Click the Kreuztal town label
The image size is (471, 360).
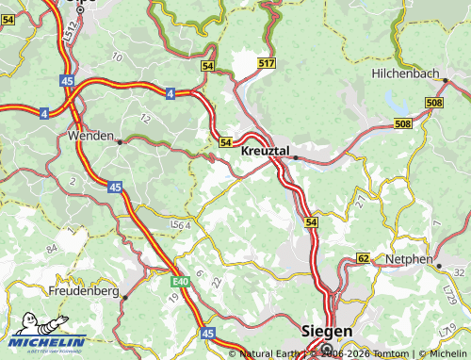265,151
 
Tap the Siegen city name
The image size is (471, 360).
326,332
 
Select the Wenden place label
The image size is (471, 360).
90,136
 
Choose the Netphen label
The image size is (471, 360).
409,259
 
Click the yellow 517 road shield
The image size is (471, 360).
267,63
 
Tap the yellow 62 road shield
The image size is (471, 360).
364,257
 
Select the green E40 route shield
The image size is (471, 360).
181,281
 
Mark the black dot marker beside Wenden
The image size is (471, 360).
120,141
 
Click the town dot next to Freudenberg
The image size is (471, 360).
123,298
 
